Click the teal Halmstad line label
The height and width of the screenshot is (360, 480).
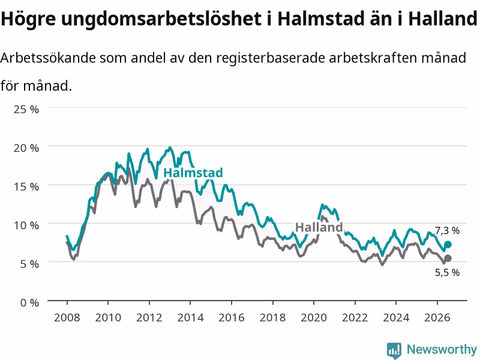[x=193, y=173]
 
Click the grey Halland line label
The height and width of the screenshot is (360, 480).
[x=319, y=227]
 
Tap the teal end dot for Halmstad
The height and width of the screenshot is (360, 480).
[x=448, y=244]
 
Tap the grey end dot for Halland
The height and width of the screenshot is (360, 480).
[x=448, y=259]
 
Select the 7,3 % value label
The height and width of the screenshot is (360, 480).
[x=447, y=230]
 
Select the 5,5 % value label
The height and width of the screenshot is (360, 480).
[x=447, y=272]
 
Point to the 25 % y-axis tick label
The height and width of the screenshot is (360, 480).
[x=26, y=109]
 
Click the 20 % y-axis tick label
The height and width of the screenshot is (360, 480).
[x=26, y=148]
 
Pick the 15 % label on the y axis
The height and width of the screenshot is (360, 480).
[x=26, y=187]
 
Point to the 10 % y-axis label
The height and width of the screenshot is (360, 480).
[x=26, y=226]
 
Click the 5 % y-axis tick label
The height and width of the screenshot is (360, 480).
[x=29, y=264]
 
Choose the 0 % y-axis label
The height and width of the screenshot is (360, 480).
[x=29, y=303]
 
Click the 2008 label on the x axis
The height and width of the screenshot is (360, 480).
[x=67, y=317]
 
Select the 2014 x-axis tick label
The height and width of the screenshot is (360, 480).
[x=190, y=317]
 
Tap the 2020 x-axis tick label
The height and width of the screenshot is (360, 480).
[x=314, y=317]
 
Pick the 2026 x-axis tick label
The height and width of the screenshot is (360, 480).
[x=437, y=317]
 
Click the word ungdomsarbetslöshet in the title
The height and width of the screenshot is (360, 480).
[x=161, y=19]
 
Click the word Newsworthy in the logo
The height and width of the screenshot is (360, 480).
[x=442, y=349]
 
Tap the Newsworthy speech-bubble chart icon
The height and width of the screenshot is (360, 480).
[x=394, y=350]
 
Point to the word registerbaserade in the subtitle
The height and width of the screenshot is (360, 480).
[x=271, y=58]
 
